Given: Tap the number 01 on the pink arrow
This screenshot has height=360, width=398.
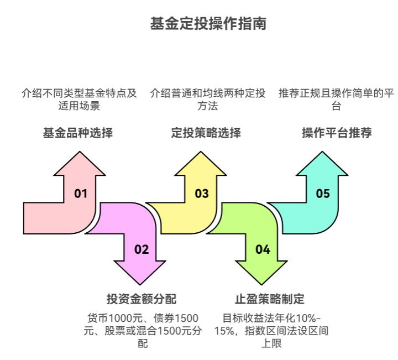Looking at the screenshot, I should [x=81, y=194].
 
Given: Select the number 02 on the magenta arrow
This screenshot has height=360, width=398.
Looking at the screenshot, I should [x=142, y=249].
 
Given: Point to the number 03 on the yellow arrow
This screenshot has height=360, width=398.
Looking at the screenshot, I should [x=202, y=194].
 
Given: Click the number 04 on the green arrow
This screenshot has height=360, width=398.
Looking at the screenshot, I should [x=263, y=249].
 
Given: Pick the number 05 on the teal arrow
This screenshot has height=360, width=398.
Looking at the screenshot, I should [x=323, y=194].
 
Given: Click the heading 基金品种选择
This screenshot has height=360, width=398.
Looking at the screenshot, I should [x=78, y=133].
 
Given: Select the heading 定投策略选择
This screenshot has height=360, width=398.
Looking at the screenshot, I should [x=206, y=133].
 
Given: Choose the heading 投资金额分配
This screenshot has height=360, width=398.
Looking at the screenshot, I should [x=142, y=300].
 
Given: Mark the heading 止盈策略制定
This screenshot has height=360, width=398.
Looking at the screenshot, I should [x=270, y=300].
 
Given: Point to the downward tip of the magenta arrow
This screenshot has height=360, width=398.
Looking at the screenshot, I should [x=142, y=283].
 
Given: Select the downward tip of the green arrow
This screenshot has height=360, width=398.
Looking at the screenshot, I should [x=263, y=283].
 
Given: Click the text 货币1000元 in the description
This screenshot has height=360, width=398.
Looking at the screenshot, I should [x=111, y=319].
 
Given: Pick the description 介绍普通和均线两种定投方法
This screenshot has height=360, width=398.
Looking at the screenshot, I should [x=207, y=99].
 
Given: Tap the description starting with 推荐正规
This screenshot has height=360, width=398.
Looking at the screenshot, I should [x=336, y=99].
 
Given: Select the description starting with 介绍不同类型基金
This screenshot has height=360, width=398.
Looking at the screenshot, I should [x=79, y=99].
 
